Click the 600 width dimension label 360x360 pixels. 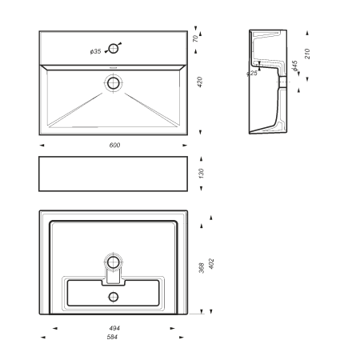click(114, 145)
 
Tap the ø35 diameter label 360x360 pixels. click(96, 51)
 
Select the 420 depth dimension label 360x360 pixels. click(200, 82)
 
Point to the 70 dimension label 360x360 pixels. click(195, 38)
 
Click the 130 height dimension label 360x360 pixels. click(202, 174)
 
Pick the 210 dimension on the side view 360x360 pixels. click(307, 54)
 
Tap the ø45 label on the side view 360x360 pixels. click(294, 66)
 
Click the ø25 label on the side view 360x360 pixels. click(252, 73)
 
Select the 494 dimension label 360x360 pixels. click(114, 328)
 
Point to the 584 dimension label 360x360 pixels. click(112, 337)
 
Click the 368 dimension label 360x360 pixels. click(202, 268)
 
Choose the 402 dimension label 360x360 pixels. click(211, 264)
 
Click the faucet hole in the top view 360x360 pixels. click(114, 49)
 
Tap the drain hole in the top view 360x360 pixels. click(114, 83)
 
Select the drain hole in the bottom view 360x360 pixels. click(114, 262)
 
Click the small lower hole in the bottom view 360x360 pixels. click(114, 297)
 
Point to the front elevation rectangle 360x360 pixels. click(114, 174)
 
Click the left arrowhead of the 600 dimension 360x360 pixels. click(42, 146)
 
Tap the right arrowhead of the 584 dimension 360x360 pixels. click(182, 338)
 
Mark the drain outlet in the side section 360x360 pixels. click(282, 82)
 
